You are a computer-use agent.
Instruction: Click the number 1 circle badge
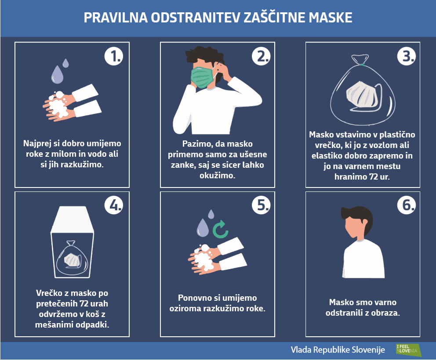(x=114, y=56)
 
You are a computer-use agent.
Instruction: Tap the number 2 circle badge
(x=261, y=56)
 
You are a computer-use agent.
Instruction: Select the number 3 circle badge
(x=407, y=56)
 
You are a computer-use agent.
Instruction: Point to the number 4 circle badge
(x=114, y=205)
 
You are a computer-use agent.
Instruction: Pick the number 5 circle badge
(x=261, y=205)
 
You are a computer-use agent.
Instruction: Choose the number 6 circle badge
(x=407, y=205)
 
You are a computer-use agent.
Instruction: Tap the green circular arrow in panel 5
(x=220, y=230)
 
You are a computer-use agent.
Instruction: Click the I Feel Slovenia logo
(x=408, y=350)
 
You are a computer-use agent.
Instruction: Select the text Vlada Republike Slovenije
(x=338, y=350)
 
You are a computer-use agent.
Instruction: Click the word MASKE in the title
(x=331, y=17)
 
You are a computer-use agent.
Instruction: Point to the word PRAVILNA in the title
(x=116, y=17)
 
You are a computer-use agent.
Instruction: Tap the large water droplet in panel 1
(x=57, y=75)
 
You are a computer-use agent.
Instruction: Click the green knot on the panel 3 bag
(x=362, y=65)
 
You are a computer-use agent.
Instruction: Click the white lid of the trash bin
(x=72, y=220)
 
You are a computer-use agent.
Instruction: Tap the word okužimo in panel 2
(x=218, y=176)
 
